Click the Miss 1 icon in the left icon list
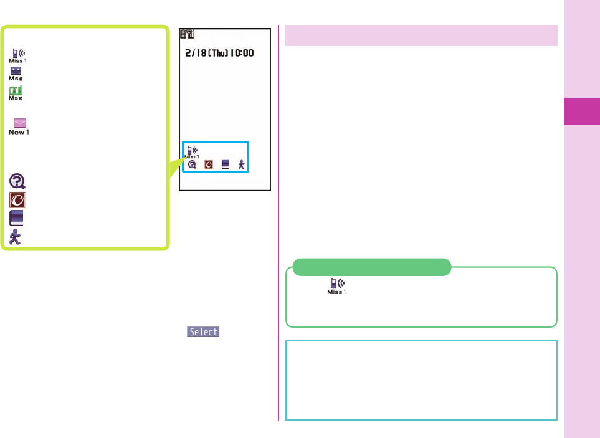[17, 55]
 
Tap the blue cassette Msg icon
[16, 74]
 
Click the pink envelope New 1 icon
[17, 126]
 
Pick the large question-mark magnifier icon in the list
[17, 181]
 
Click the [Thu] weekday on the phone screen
[219, 54]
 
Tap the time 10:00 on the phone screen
[243, 54]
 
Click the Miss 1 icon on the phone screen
[192, 152]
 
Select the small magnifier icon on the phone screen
[193, 165]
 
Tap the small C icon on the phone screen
[209, 165]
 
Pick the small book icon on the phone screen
[226, 165]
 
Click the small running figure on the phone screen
[242, 165]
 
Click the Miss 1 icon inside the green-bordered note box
[336, 286]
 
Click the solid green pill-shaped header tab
[371, 267]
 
